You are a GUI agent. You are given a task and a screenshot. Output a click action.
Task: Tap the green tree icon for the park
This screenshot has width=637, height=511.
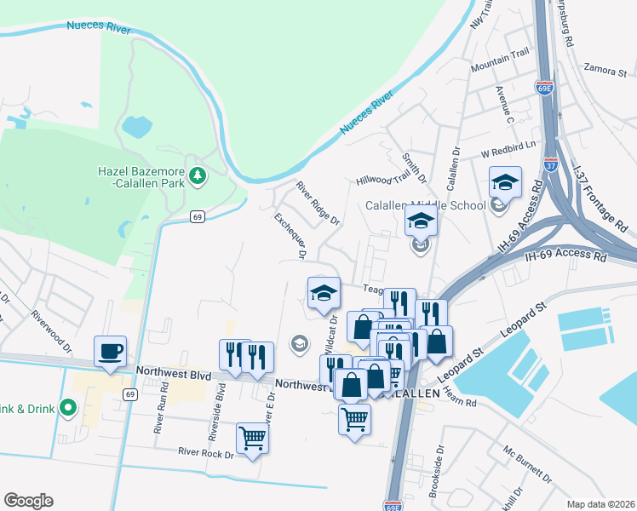pyautogui.click(x=198, y=176)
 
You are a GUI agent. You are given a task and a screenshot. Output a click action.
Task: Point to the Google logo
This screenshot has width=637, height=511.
pyautogui.click(x=28, y=501)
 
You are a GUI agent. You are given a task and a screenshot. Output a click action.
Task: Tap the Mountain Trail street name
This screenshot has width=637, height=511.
pyautogui.click(x=500, y=60)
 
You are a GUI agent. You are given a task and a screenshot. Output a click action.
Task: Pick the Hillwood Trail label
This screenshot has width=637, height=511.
pyautogui.click(x=383, y=180)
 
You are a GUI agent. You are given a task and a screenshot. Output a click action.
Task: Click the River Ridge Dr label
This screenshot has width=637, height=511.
pyautogui.click(x=318, y=204)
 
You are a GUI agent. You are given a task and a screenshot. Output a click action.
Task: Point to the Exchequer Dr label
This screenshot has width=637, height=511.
pyautogui.click(x=290, y=236)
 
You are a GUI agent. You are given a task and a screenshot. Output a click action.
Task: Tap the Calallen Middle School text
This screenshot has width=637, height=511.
pyautogui.click(x=426, y=205)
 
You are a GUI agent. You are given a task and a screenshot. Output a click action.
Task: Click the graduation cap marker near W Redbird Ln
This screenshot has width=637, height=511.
pyautogui.click(x=504, y=182)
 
